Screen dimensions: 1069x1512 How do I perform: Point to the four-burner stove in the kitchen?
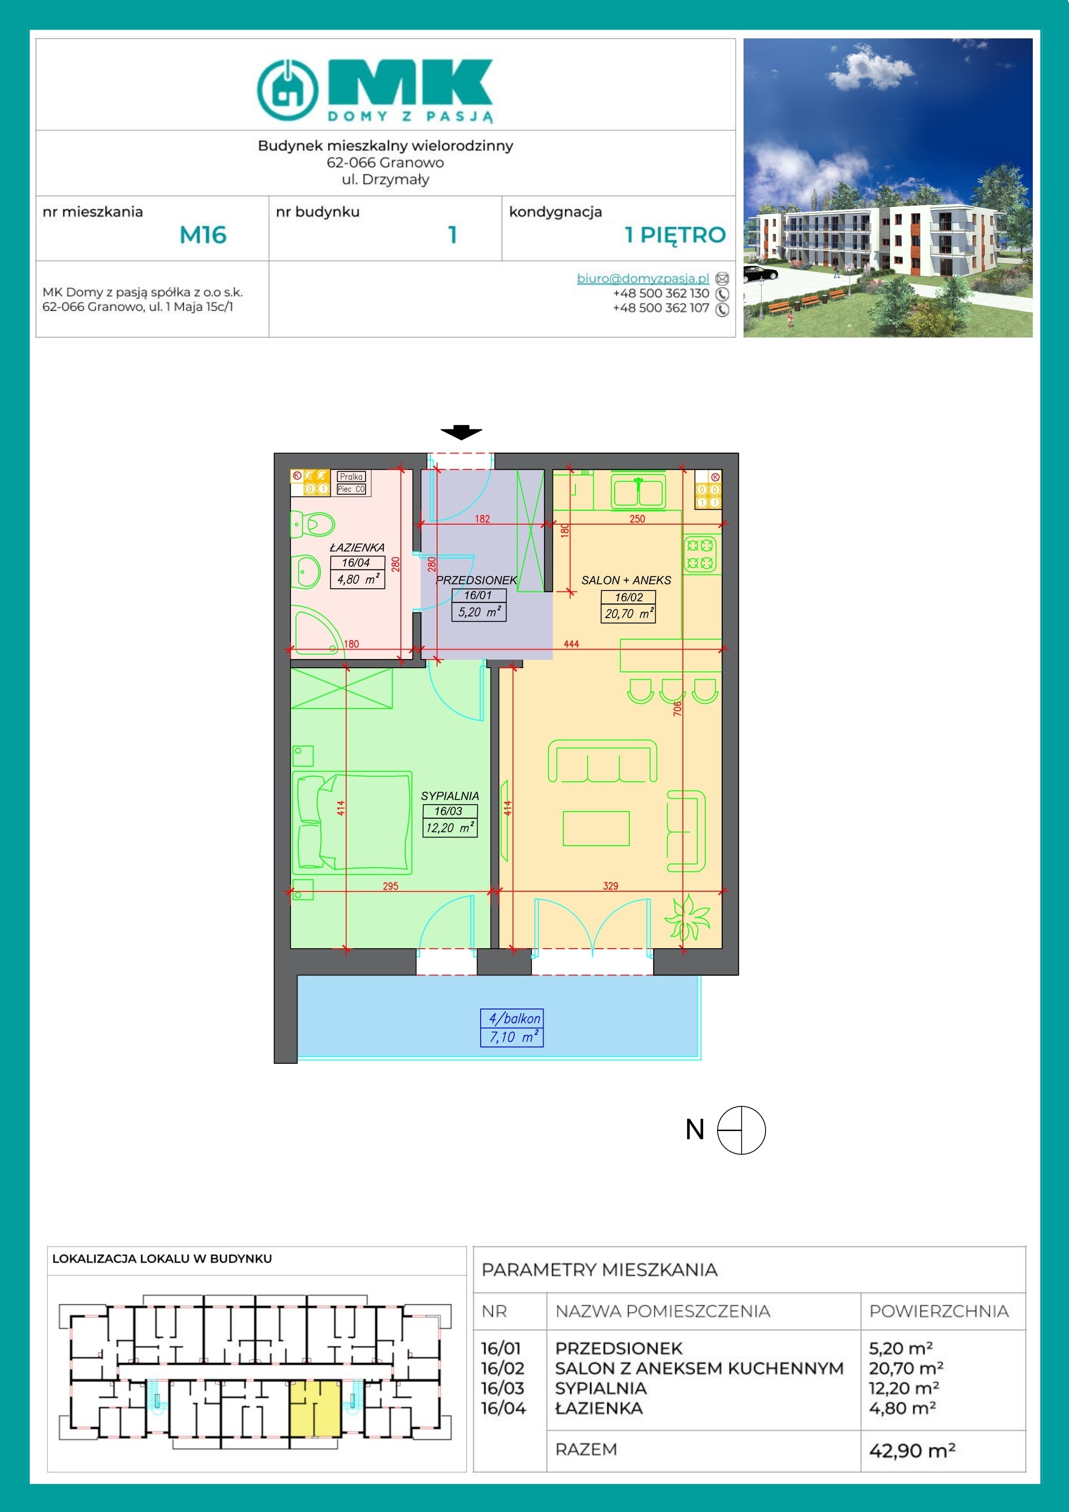[x=700, y=554]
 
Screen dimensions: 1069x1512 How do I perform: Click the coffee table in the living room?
[x=596, y=828]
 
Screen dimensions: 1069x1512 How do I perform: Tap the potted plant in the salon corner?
[x=687, y=917]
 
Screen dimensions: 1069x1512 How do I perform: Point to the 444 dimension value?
[x=571, y=644]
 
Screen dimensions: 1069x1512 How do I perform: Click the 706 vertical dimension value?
[x=677, y=709]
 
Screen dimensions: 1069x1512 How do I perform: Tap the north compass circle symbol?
[x=741, y=1130]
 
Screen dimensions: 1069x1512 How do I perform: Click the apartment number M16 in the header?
[x=203, y=235]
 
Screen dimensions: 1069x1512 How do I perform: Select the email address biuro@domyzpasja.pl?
[x=643, y=278]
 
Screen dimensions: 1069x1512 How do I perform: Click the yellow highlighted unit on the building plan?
[x=316, y=1409]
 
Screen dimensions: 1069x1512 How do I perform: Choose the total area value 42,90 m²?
[x=912, y=1450]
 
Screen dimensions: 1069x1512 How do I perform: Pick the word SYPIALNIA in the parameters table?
[x=601, y=1388]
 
